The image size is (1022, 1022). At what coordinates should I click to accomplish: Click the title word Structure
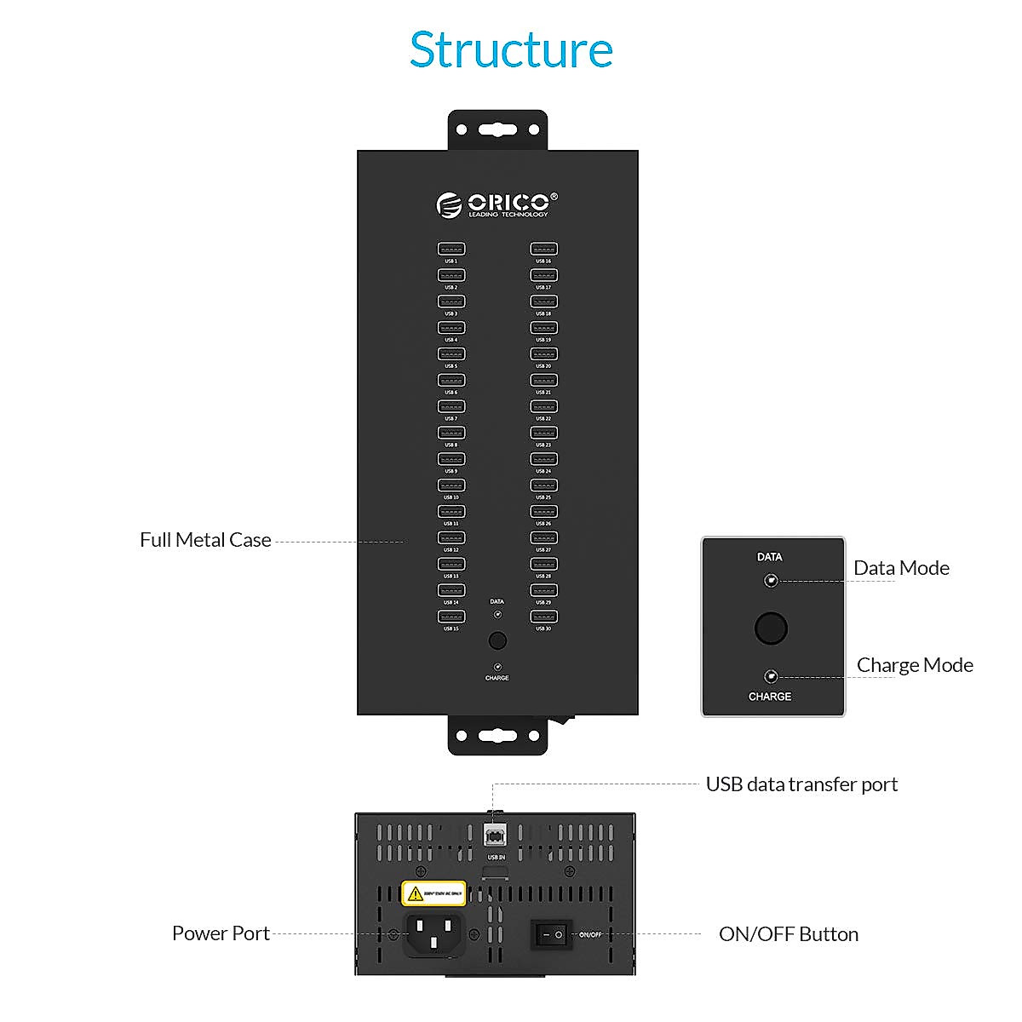tap(511, 50)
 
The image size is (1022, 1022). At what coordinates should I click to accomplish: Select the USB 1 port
tap(451, 250)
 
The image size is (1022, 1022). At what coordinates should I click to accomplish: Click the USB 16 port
tap(543, 250)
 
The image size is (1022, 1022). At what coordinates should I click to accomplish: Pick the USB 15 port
tap(451, 617)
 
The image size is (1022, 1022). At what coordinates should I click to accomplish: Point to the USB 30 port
tap(543, 617)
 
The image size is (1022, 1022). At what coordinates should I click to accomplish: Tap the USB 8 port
tap(451, 433)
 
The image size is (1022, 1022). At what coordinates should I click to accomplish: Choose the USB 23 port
tap(543, 433)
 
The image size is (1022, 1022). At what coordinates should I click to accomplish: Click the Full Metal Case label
tap(205, 540)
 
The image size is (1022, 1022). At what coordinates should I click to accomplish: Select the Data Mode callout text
tap(901, 568)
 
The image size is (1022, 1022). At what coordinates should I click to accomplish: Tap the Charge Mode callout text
tap(915, 665)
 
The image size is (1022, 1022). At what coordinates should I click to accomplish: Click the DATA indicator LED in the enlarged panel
tap(771, 581)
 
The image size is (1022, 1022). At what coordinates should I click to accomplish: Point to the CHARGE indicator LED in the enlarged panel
tap(771, 677)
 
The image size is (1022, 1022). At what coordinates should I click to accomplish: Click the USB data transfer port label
tap(801, 784)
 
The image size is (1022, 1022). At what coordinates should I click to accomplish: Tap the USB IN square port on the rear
tap(495, 834)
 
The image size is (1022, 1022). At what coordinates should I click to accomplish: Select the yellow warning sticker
tap(433, 893)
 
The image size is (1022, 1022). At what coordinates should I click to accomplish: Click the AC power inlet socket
tap(433, 934)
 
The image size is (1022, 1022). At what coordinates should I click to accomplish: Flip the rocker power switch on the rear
tap(551, 934)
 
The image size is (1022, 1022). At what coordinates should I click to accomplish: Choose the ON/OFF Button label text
tap(789, 934)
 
